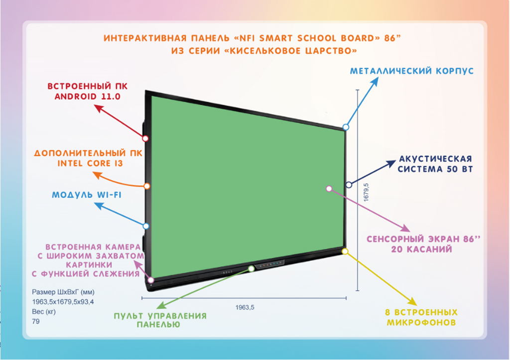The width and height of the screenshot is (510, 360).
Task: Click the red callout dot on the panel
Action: coord(146,138)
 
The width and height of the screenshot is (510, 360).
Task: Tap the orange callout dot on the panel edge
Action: coord(147,186)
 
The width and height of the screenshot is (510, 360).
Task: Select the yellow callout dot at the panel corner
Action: coord(345,251)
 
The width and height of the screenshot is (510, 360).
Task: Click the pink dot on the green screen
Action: coord(329,188)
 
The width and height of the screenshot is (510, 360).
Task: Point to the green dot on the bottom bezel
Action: coord(251,268)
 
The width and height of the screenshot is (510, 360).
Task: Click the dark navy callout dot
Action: coord(349,184)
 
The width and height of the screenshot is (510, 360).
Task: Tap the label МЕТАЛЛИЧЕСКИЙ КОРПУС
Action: coord(411,71)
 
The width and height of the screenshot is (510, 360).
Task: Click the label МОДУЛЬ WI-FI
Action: coord(87,195)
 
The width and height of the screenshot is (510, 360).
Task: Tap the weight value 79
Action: coord(36,322)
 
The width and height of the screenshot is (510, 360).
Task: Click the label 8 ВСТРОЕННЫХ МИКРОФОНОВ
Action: coord(421,318)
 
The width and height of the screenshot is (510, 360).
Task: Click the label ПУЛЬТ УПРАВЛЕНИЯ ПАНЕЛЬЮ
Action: coord(159,320)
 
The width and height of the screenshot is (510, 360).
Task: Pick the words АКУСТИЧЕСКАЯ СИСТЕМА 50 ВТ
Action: coord(435,164)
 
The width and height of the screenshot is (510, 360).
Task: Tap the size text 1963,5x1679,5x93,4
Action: coord(63,302)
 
